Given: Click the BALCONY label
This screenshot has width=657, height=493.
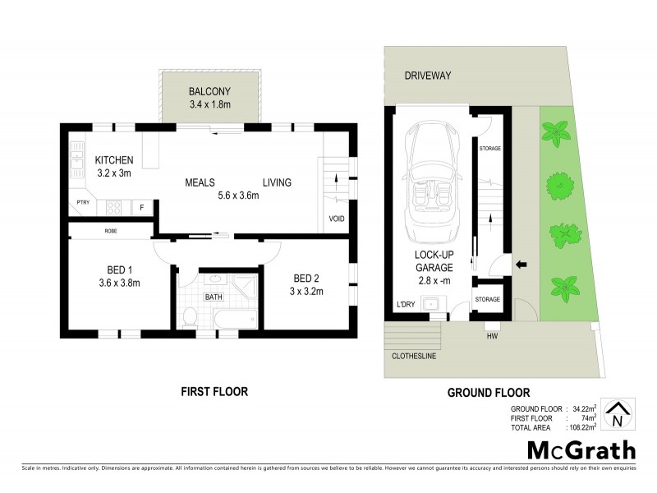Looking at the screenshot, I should [x=209, y=91].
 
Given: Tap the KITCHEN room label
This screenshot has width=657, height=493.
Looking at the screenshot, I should [x=113, y=159].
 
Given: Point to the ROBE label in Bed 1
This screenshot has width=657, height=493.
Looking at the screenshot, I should [x=110, y=232].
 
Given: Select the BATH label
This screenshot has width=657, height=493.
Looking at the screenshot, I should [x=214, y=297].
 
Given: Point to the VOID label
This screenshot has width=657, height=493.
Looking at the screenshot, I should [x=335, y=219].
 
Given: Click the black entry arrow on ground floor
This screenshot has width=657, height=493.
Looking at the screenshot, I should [x=519, y=265].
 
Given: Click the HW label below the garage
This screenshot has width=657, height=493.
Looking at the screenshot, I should [x=491, y=336].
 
